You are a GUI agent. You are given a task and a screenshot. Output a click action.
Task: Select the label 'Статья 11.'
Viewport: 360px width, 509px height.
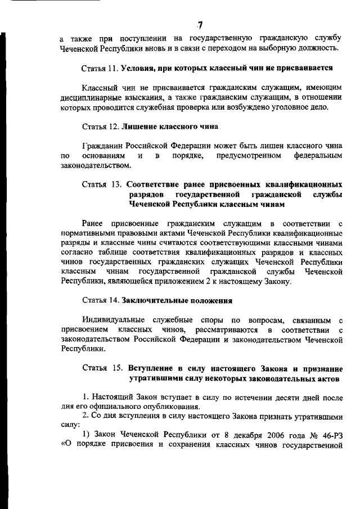[x=100, y=68]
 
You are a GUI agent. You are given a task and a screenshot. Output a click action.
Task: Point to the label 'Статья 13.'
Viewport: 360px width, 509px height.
[x=102, y=184]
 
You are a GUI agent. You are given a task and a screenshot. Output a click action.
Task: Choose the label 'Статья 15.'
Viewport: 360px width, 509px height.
[x=102, y=369]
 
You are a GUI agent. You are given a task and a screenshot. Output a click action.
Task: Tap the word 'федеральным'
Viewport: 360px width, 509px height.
[x=318, y=155]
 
